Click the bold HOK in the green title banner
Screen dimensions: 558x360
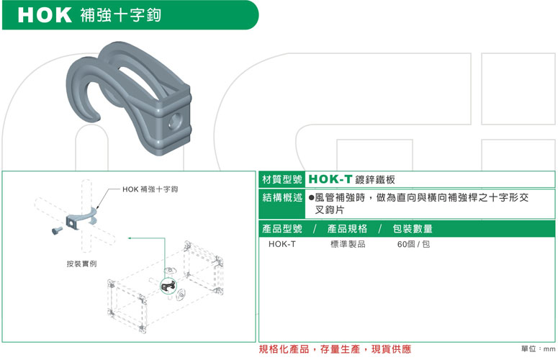point(45,15)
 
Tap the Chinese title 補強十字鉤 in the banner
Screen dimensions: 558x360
point(121,15)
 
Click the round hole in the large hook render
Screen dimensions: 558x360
point(175,122)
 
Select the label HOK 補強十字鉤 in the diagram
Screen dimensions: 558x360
point(150,189)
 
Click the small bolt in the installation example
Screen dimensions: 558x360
point(57,231)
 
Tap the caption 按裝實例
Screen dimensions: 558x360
point(81,264)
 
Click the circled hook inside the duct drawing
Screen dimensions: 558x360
point(168,286)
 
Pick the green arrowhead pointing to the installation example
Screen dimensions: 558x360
point(131,238)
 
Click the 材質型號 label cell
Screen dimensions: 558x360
point(282,179)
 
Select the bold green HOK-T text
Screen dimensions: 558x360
point(330,179)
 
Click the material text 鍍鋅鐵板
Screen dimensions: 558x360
point(375,180)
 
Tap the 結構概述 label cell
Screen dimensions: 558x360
point(282,204)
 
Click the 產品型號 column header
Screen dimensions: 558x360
point(282,229)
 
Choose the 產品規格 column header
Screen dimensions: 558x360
point(347,229)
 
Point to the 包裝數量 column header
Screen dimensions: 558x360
point(413,229)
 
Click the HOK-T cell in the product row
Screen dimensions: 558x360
point(282,244)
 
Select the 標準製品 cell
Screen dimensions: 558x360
point(348,244)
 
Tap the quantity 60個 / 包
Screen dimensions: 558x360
point(413,244)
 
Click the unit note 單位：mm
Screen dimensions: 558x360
point(538,349)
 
